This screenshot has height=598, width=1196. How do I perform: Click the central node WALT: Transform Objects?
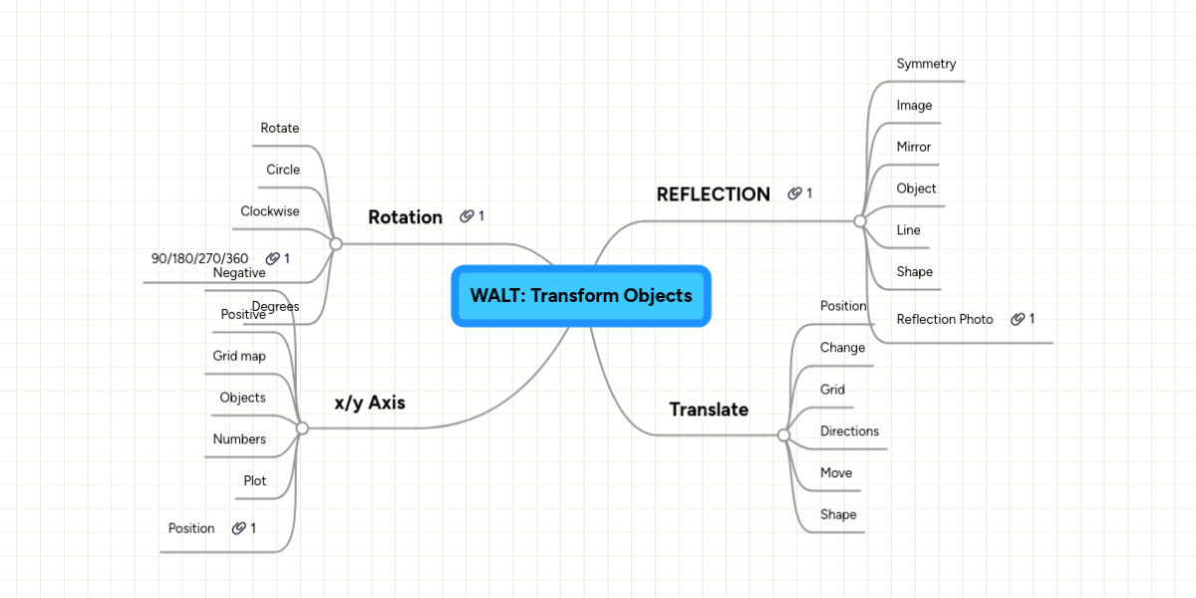pos(581,296)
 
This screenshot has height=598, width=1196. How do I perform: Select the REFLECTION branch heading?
pos(713,194)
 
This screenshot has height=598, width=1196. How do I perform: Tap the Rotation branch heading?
pos(405,217)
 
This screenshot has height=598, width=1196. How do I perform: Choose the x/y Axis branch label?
pos(370,403)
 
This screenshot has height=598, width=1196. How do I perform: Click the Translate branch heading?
pos(709,410)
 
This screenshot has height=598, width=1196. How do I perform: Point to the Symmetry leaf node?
pos(926,64)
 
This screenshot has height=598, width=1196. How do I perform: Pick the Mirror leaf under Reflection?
pos(913,147)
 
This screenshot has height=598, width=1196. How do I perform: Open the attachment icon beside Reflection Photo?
pos(1018,319)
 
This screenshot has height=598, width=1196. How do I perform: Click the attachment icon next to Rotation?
pos(466,216)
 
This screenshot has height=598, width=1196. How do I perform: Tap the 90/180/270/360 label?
pos(199,258)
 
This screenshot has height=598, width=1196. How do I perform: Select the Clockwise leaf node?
pos(269,211)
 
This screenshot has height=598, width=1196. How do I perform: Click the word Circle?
pos(283,169)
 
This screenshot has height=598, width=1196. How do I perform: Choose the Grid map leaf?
pos(239,356)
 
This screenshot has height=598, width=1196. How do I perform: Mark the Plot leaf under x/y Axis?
pos(255,480)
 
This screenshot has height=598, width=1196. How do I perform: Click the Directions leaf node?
pos(849,432)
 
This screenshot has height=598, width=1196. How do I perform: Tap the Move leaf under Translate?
pos(836,472)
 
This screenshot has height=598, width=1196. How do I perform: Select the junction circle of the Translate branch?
pos(783,436)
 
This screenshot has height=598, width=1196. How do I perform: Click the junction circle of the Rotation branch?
pos(336,243)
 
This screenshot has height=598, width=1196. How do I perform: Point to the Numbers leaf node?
pos(239,439)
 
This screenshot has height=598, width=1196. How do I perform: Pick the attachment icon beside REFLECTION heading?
pos(794,193)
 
